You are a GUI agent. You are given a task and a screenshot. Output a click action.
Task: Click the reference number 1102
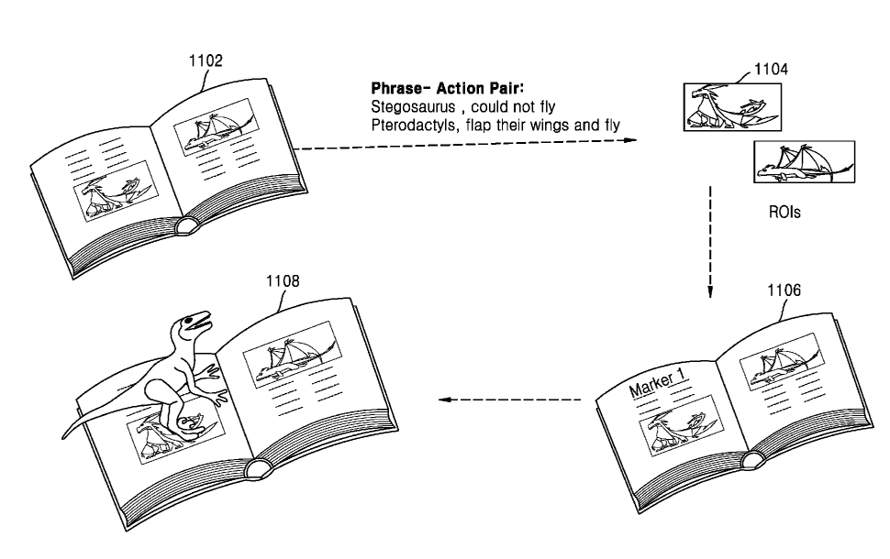tap(206, 60)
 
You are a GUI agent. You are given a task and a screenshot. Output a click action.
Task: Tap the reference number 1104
tap(771, 69)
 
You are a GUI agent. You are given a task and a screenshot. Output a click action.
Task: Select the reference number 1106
tap(784, 290)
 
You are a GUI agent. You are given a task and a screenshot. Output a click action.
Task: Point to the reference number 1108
tap(283, 281)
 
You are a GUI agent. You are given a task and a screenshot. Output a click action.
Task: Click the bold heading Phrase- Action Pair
tap(447, 89)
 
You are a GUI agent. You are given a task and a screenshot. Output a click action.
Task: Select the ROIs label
tap(784, 212)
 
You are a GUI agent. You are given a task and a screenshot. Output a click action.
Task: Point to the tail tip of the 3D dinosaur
tap(64, 437)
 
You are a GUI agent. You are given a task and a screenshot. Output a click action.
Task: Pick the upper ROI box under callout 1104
tap(732, 107)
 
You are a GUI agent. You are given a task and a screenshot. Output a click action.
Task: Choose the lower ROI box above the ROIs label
tap(804, 162)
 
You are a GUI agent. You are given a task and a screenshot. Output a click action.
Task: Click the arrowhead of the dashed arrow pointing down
tap(710, 291)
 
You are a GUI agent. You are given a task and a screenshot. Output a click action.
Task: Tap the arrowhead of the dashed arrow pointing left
tap(445, 400)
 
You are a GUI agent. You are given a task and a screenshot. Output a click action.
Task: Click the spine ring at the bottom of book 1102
tap(185, 226)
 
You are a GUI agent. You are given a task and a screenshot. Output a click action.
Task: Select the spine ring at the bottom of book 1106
tap(752, 460)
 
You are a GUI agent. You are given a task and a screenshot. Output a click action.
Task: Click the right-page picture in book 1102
tap(214, 127)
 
